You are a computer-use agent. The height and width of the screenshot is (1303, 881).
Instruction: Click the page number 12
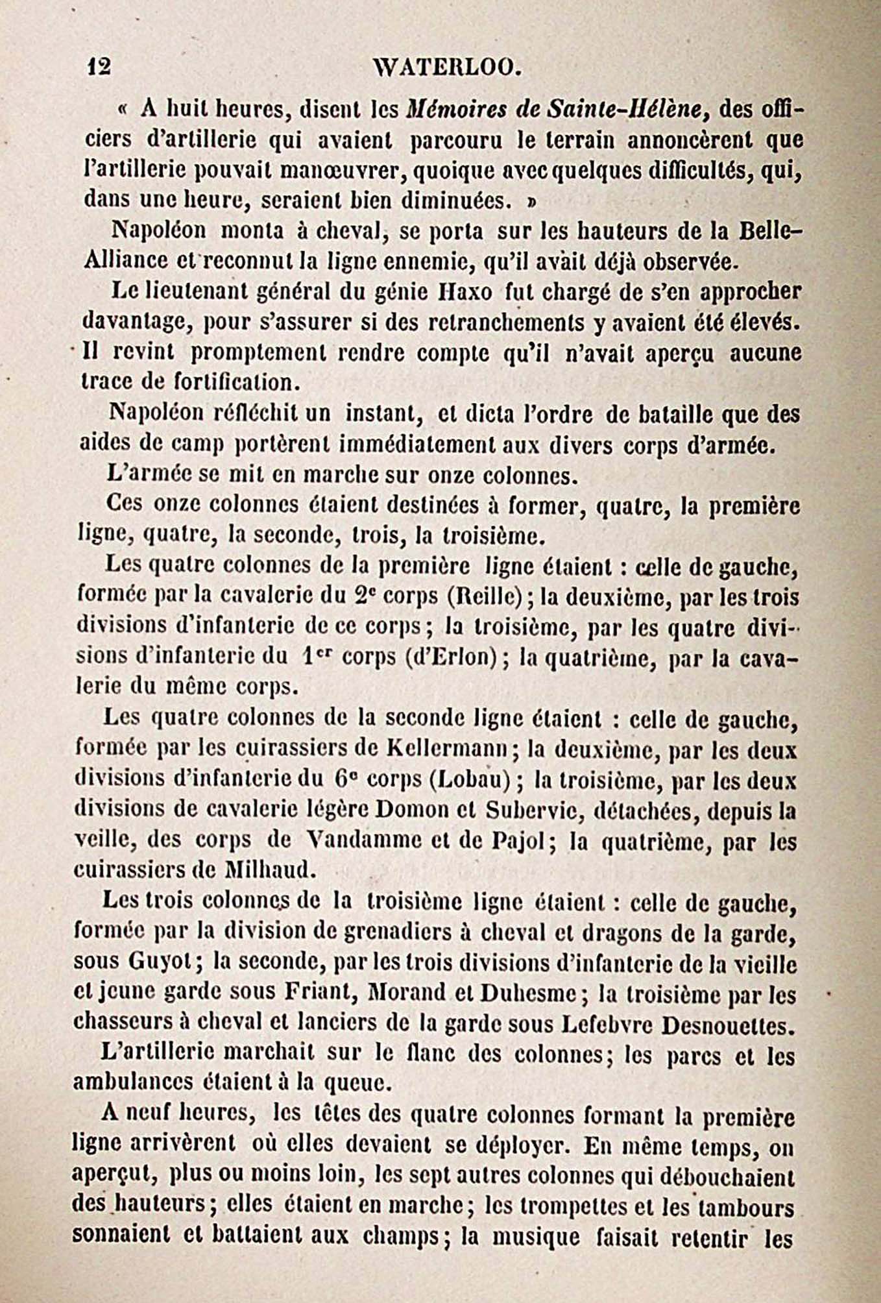coord(99,66)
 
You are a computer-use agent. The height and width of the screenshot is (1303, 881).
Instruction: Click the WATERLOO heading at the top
coord(448,66)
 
